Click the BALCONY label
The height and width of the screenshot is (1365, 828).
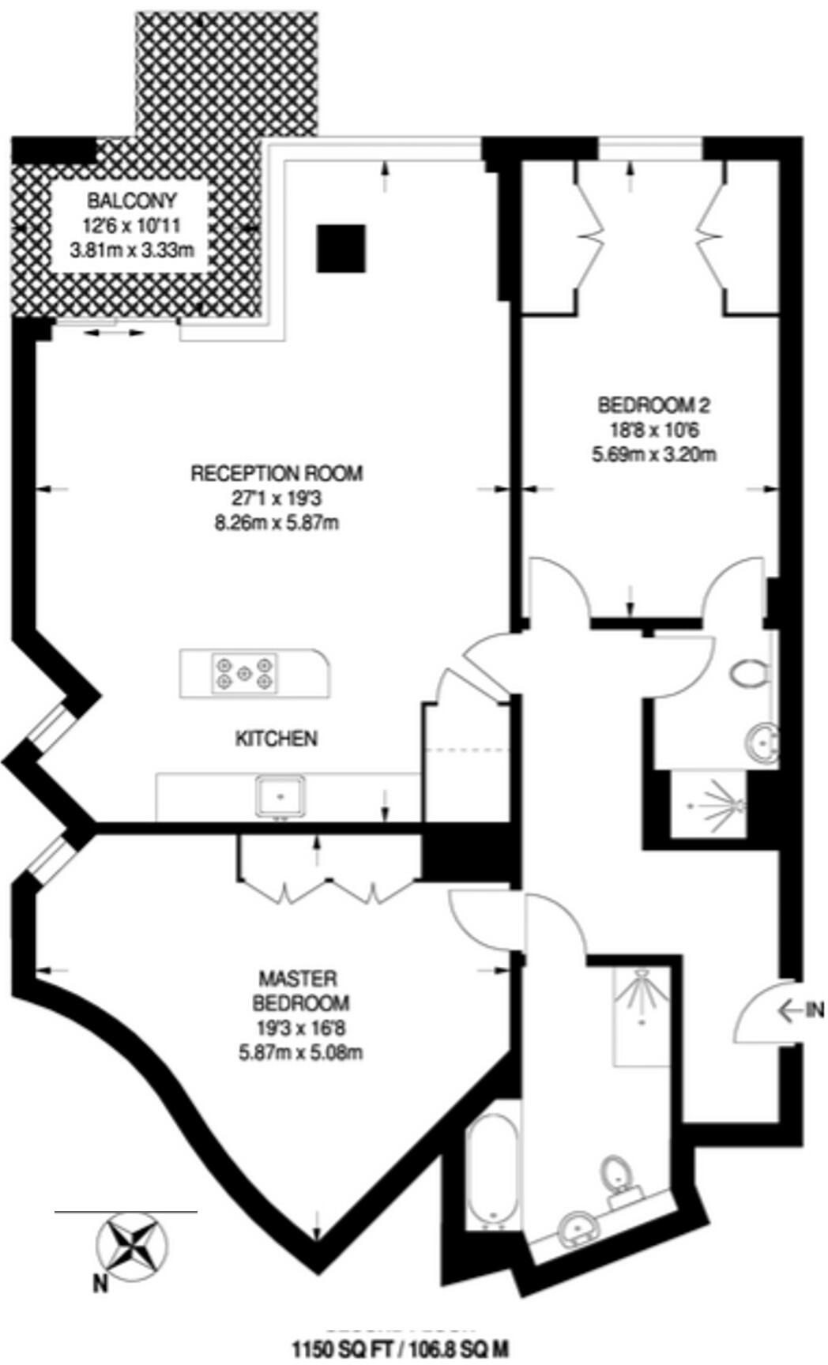[x=132, y=201]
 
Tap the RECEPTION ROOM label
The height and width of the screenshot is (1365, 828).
[x=277, y=473]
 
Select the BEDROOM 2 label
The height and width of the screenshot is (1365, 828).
[x=654, y=405]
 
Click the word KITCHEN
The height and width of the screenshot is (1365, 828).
[x=277, y=739]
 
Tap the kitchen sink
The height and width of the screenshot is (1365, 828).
[x=280, y=795]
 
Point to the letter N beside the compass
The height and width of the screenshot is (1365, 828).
[x=100, y=1285]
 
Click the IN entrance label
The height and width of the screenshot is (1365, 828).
[x=815, y=1009]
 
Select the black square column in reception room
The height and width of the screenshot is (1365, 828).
[x=341, y=248]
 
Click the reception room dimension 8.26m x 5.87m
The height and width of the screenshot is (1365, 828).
[x=277, y=522]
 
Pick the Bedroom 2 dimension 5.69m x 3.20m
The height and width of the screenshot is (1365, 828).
[x=654, y=454]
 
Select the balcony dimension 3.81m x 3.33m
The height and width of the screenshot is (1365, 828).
[x=132, y=253]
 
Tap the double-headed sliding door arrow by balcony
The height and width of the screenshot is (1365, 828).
[x=115, y=334]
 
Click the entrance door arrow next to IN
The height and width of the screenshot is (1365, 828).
[x=789, y=1009]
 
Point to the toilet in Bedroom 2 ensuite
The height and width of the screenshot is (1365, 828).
[x=748, y=675]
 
